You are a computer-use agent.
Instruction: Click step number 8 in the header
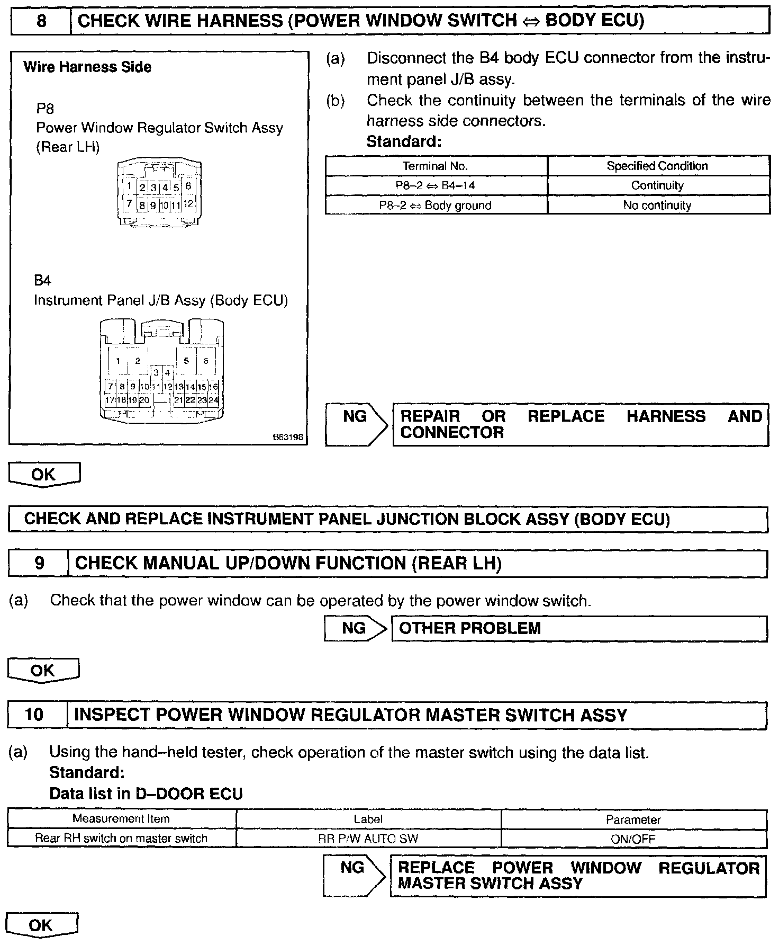[41, 21]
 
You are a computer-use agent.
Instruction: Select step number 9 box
[39, 563]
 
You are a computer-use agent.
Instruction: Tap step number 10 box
[35, 715]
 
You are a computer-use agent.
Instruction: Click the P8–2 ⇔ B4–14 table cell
[436, 186]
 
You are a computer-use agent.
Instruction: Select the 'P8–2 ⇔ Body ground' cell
[436, 206]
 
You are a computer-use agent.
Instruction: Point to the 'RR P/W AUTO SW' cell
[368, 839]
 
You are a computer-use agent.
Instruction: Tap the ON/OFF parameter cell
[633, 839]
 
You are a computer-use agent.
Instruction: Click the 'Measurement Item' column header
[121, 819]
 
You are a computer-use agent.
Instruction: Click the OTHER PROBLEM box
[579, 629]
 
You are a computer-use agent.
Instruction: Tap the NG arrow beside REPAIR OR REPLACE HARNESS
[357, 424]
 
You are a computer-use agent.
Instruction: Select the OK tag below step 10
[41, 925]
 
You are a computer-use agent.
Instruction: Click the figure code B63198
[288, 438]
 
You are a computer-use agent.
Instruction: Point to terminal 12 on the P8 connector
[188, 203]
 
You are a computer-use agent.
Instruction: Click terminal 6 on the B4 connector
[206, 361]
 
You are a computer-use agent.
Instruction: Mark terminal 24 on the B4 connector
[213, 400]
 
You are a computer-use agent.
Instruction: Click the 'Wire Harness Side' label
[87, 67]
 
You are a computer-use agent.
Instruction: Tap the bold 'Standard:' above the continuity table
[404, 142]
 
